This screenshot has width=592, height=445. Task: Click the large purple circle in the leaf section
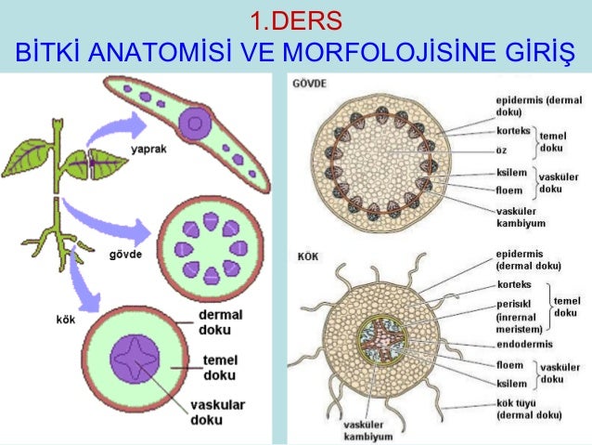click(x=195, y=120)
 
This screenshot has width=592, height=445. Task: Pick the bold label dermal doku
click(x=221, y=321)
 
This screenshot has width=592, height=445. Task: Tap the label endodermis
click(x=526, y=344)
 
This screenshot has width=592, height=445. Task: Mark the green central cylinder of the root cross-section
click(x=377, y=343)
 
